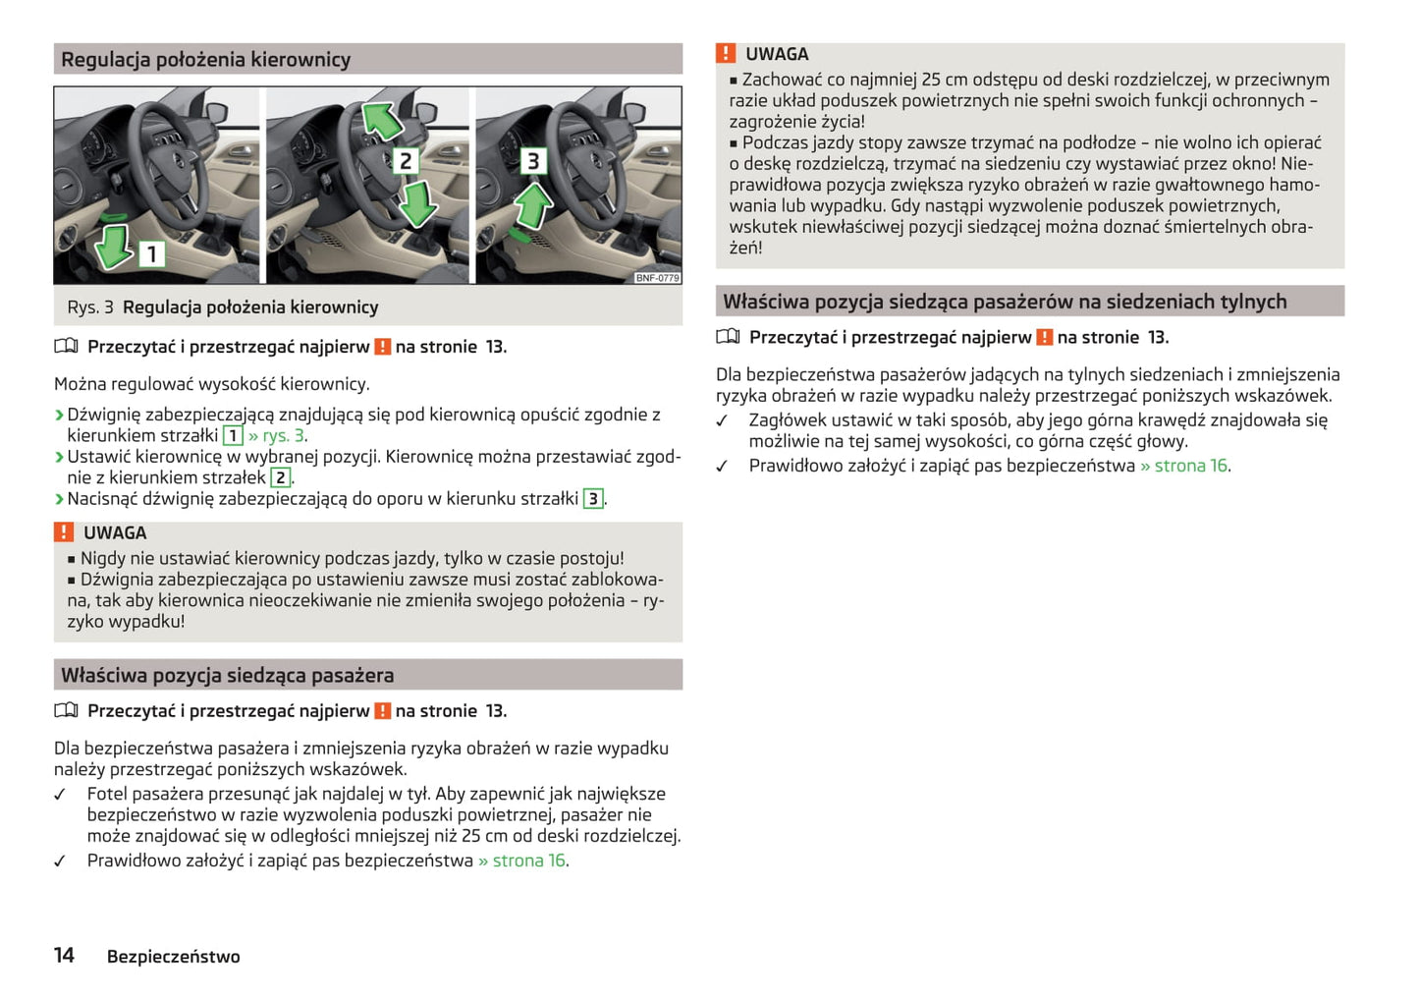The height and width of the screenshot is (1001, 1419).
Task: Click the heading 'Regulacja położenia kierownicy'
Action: [x=205, y=60]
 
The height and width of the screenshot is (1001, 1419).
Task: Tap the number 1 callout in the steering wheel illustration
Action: [x=152, y=254]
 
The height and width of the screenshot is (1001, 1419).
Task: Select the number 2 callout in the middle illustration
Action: [x=405, y=160]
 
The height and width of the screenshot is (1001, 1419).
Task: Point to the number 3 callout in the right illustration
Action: [x=533, y=160]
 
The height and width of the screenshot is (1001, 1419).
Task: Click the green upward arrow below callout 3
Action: [x=533, y=206]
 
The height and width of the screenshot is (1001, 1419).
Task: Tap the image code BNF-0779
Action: [x=657, y=278]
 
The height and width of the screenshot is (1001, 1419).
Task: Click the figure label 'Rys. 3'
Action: [x=89, y=307]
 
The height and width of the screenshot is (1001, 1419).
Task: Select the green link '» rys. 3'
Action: [x=277, y=435]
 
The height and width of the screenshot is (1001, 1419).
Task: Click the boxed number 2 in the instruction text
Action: [x=281, y=477]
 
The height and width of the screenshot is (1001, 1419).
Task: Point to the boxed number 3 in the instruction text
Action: [x=593, y=499]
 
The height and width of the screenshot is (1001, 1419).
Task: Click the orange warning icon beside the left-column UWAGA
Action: [x=64, y=532]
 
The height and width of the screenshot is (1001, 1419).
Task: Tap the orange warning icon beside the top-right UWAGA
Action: [x=726, y=54]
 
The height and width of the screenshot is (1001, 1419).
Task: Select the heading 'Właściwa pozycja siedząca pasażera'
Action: [x=227, y=676]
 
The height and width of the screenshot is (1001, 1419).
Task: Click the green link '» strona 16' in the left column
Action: [x=521, y=861]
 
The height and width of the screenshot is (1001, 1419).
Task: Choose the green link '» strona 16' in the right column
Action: [x=1183, y=466]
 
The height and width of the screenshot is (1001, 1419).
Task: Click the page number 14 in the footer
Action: [x=64, y=956]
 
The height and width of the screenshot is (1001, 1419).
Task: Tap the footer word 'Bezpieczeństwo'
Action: [x=173, y=957]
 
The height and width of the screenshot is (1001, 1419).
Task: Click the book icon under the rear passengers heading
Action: [x=728, y=337]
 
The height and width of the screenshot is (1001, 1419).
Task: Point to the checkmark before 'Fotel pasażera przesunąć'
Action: [x=60, y=795]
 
